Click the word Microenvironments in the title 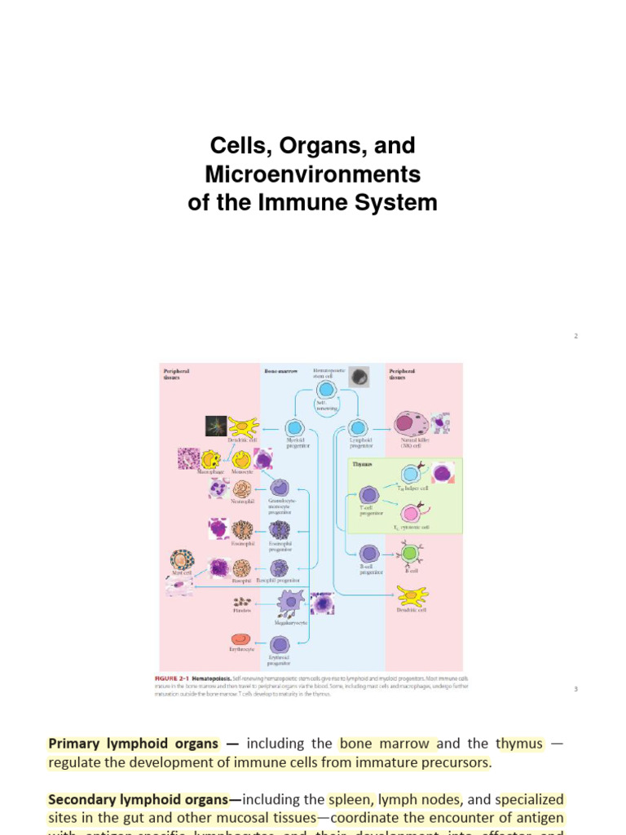point(312,175)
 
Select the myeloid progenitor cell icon point(295,428)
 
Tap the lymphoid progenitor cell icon point(359,428)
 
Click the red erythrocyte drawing point(240,639)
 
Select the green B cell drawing point(410,554)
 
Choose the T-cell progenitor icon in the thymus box point(368,495)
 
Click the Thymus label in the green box point(362,464)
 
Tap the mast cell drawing point(182,560)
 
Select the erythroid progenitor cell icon point(280,645)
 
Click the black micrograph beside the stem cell point(358,378)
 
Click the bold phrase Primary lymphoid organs point(134,744)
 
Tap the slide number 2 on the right point(575,336)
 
